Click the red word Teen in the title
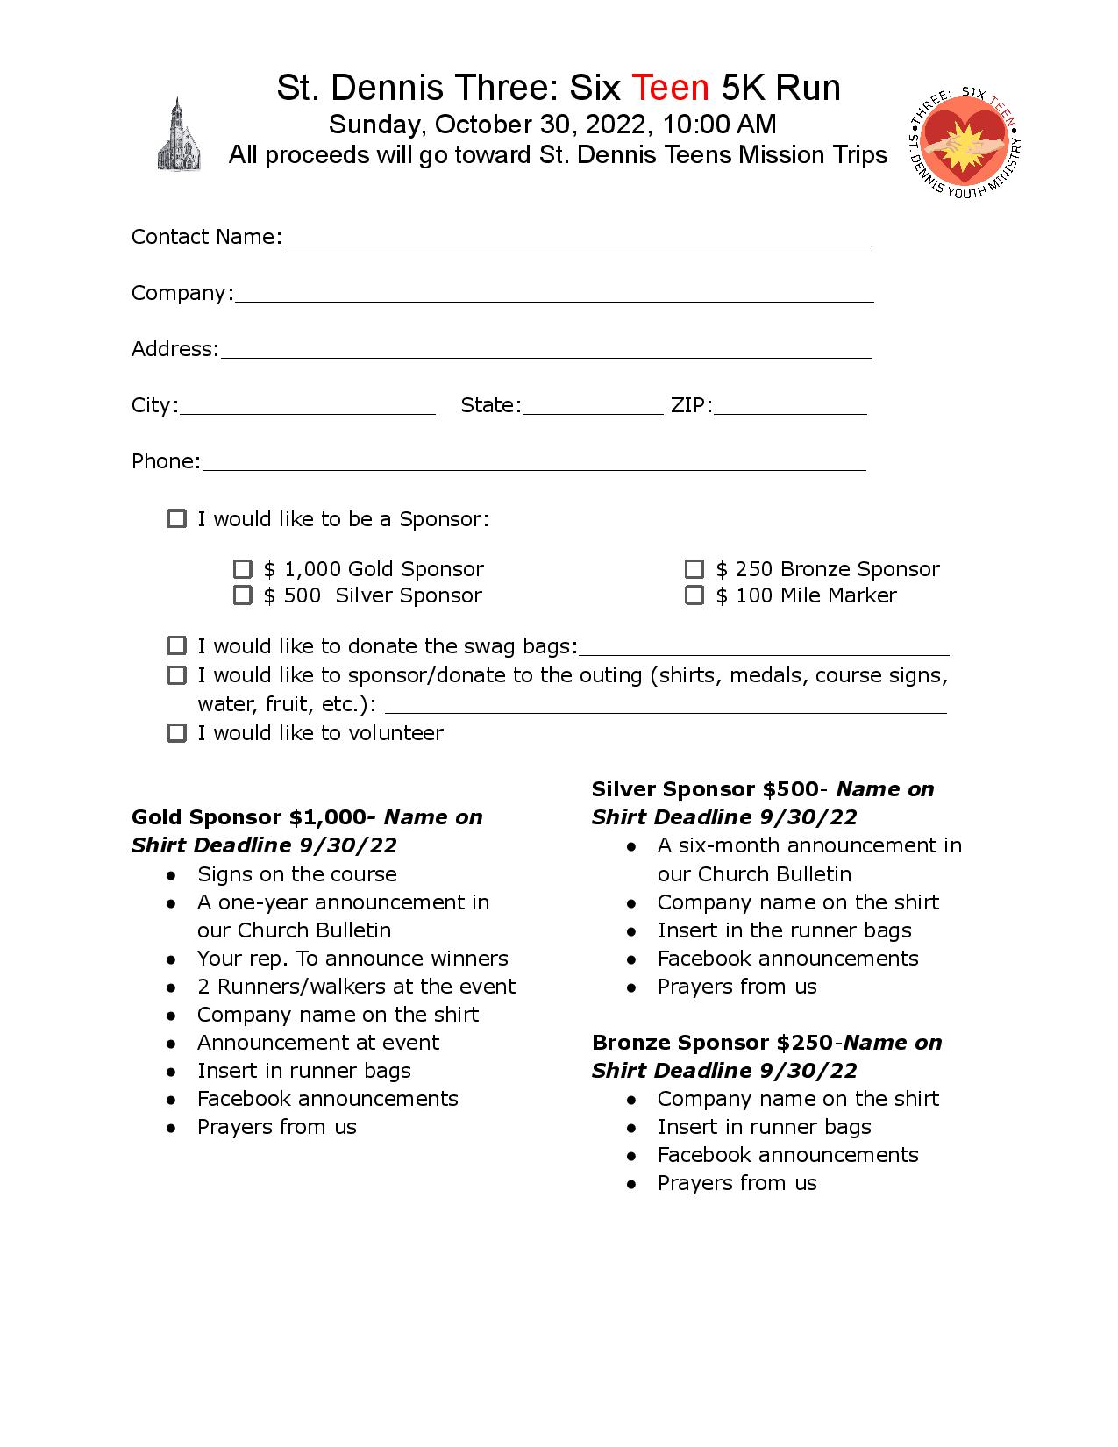(x=670, y=88)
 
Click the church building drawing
(x=179, y=135)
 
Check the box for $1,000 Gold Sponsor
(x=243, y=569)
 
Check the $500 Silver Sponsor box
(x=243, y=595)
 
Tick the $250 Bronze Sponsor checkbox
(x=694, y=569)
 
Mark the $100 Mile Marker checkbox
(x=694, y=595)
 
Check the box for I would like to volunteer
(x=177, y=733)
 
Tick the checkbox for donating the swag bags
(x=177, y=646)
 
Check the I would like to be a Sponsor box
(x=177, y=519)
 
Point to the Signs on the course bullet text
(x=296, y=874)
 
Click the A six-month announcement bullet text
(x=809, y=845)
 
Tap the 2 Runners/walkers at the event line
(x=356, y=987)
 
